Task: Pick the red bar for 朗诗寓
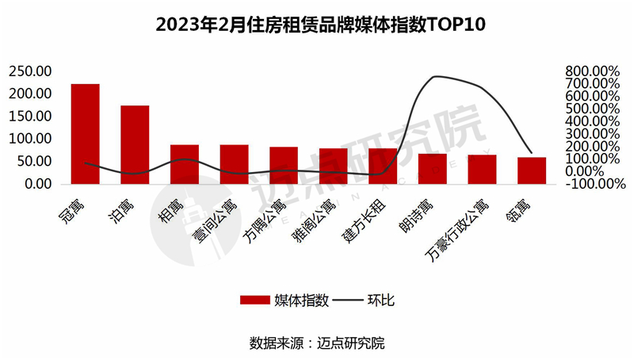coord(433,169)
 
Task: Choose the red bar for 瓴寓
coord(532,170)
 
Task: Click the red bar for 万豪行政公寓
coord(482,169)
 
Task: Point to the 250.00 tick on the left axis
coord(30,71)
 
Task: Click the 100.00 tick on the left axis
coord(30,139)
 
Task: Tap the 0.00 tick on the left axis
coord(36,183)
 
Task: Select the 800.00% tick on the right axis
coord(591,71)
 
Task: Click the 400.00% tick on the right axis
coord(591,121)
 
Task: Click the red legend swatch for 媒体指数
coord(254,300)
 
